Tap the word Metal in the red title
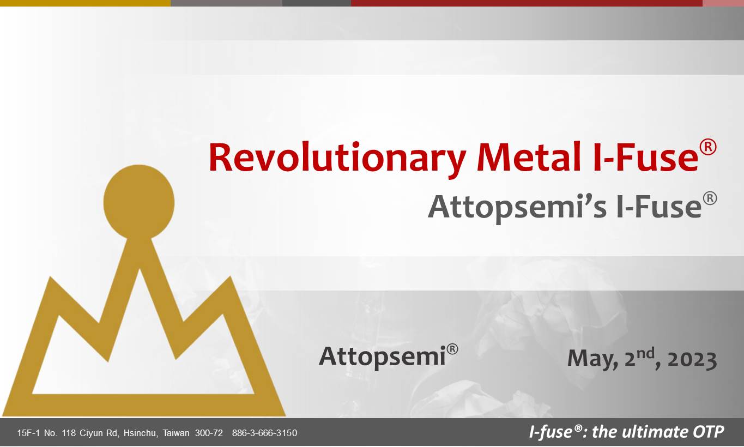pyautogui.click(x=529, y=156)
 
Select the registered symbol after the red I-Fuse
pyautogui.click(x=708, y=147)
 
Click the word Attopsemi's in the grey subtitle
pyautogui.click(x=517, y=207)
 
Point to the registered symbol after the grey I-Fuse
pyautogui.click(x=710, y=198)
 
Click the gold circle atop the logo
pyautogui.click(x=139, y=202)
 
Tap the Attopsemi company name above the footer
pyautogui.click(x=382, y=357)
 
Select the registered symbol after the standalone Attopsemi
pyautogui.click(x=452, y=349)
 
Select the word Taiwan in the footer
pyautogui.click(x=176, y=433)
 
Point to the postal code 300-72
pyautogui.click(x=209, y=433)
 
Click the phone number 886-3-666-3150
pyautogui.click(x=264, y=433)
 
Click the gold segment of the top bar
pyautogui.click(x=86, y=3)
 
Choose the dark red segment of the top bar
pyautogui.click(x=527, y=3)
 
